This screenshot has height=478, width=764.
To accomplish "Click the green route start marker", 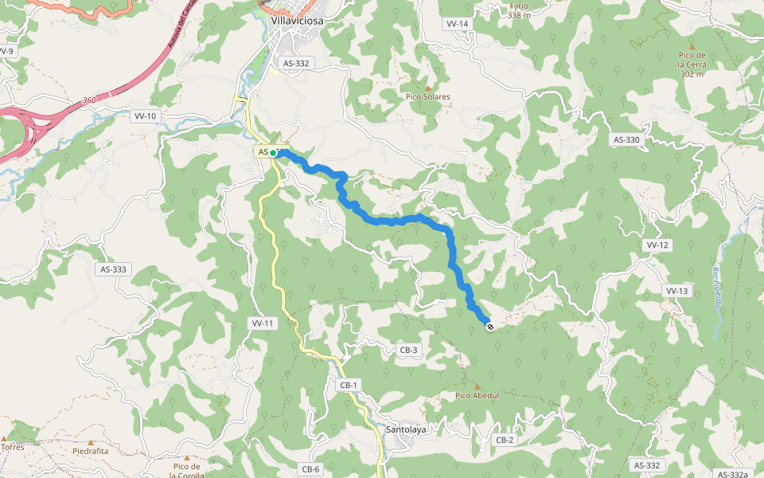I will [x=273, y=152].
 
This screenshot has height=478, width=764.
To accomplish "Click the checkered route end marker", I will [x=489, y=325].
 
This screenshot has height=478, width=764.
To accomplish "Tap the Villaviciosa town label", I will [x=297, y=22].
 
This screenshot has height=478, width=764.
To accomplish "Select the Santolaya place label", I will [x=406, y=429].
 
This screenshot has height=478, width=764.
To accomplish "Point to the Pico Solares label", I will [x=428, y=96].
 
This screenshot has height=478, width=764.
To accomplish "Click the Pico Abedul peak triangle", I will [x=477, y=386].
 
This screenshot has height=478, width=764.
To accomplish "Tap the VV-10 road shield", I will [x=145, y=116].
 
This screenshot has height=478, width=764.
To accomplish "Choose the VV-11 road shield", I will [x=263, y=323].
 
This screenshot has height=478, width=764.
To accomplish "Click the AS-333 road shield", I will [x=114, y=269].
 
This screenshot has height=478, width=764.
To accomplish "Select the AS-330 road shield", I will [x=626, y=139].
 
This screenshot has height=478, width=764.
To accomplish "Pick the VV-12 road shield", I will [x=657, y=245].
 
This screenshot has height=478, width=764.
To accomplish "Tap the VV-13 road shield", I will [x=676, y=291].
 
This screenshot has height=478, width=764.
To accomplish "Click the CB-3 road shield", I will [x=409, y=350].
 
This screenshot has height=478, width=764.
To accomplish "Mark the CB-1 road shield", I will [x=349, y=385].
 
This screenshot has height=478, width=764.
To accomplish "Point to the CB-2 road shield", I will [x=505, y=440].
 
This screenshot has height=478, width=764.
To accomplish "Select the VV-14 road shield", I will [x=458, y=24].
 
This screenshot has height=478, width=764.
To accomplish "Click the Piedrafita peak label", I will [x=90, y=450].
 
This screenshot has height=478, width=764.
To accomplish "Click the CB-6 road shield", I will [x=310, y=469].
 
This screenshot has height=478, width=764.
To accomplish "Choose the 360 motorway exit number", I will [x=89, y=100].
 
